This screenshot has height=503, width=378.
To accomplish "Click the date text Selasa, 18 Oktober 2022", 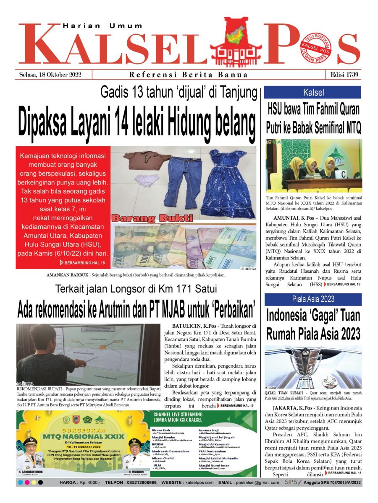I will (x=50, y=75).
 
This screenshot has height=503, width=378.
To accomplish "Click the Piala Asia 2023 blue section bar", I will (x=312, y=299).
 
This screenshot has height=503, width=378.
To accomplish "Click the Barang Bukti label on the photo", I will (x=152, y=218).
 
